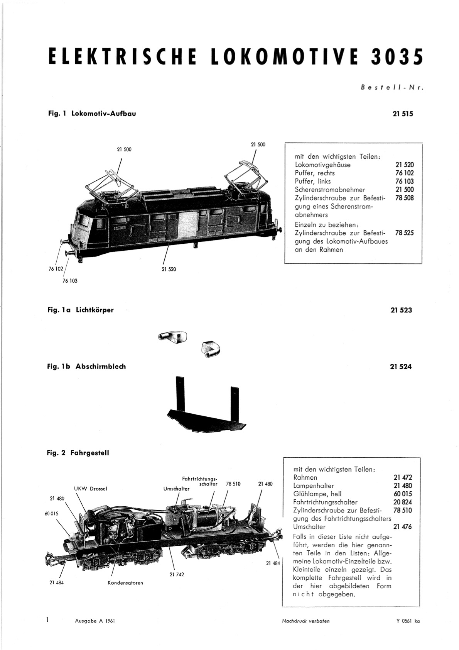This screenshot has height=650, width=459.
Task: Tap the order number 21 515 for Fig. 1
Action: point(403,114)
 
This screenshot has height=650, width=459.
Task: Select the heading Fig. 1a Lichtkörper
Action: point(80,310)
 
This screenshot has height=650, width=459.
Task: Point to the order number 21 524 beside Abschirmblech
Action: point(401,367)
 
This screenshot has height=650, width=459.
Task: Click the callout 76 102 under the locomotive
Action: point(56,269)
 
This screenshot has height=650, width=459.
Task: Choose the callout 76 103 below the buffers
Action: point(70,281)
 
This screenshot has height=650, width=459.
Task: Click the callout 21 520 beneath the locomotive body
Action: point(169,269)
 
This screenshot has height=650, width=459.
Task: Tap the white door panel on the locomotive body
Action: point(188,225)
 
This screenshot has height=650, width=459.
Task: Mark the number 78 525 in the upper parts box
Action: point(405,233)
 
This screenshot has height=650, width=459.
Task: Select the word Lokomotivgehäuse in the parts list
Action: point(322,165)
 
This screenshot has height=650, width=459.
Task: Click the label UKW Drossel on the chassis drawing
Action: point(91,489)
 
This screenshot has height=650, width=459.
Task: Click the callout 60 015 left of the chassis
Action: point(51,513)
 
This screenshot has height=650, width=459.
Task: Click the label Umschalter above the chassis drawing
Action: point(177,489)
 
